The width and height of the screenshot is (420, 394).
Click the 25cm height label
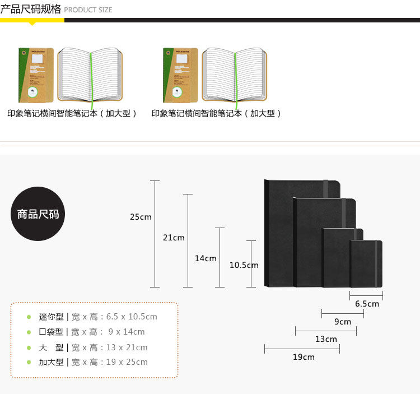141,217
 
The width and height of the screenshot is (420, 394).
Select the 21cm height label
174,238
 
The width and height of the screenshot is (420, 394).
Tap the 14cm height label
206,258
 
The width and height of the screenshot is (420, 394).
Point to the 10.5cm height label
244,265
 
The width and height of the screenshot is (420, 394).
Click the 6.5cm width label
367,304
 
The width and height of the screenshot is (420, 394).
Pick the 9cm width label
343,322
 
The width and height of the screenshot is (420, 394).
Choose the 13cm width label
326,339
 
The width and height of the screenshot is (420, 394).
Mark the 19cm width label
304,357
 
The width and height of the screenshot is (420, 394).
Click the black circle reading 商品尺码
38,214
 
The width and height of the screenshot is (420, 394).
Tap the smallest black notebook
366,263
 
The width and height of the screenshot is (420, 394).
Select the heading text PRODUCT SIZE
88,10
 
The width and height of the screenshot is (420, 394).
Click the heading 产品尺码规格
31,9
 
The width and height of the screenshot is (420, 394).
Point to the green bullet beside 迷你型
29,317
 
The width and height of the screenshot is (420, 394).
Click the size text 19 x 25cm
127,362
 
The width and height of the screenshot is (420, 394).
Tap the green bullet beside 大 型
29,347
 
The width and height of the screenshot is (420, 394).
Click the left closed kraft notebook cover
36,75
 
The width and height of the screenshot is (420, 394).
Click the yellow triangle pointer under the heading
32,24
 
